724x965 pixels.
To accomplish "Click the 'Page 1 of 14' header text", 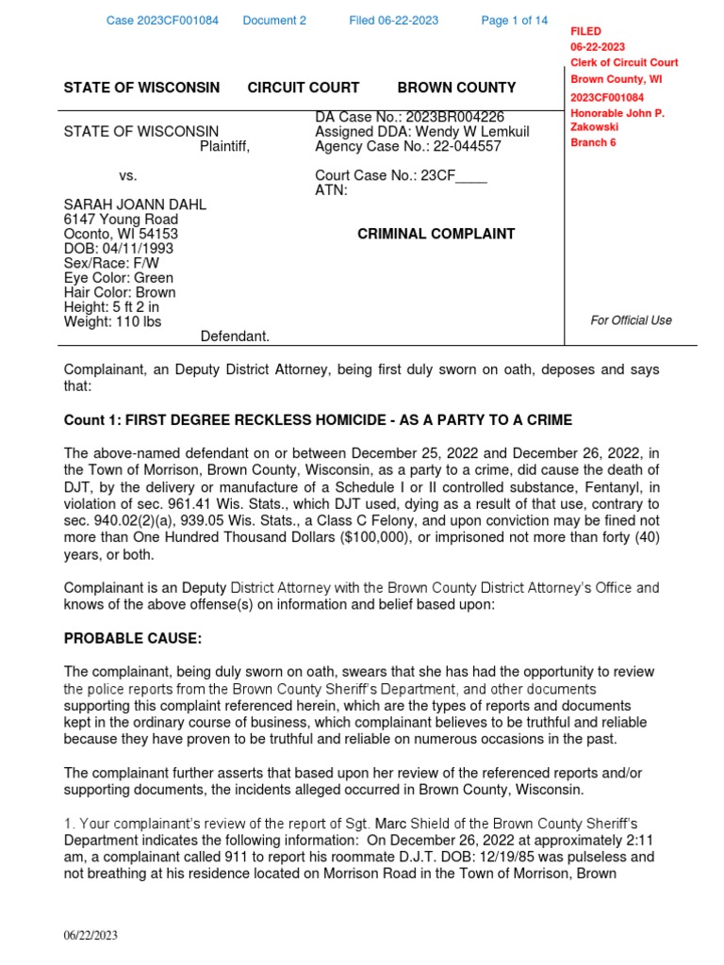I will pos(514,21).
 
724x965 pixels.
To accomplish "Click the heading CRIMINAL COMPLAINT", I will pos(436,234).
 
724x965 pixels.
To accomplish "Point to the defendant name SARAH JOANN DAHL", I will pos(135,204).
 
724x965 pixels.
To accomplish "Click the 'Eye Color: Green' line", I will pos(118,278).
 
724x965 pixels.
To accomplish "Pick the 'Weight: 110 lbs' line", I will pos(112,321).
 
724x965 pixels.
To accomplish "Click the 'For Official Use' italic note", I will pos(631,320).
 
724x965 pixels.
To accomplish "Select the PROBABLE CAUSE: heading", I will pos(133,639).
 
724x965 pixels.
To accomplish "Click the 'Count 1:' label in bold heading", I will pos(91,419).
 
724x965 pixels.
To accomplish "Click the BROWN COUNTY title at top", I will pos(456,88).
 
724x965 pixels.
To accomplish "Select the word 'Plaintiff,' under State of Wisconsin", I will pos(224,146).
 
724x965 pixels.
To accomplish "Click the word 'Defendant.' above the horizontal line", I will pos(235,336).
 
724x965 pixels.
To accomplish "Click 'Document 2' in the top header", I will pos(274,21).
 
